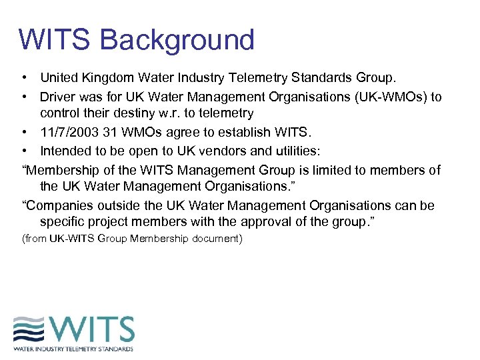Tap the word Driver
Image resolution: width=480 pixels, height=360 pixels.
click(x=58, y=97)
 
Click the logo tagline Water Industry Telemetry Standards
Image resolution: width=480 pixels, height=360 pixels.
click(x=73, y=348)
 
